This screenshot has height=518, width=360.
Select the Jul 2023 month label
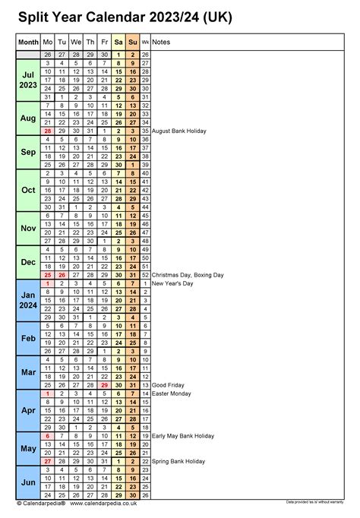(28, 80)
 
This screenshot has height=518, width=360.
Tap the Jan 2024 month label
(28, 299)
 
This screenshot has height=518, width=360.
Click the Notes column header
(161, 43)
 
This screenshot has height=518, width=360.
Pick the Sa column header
(118, 43)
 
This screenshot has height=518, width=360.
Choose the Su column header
(133, 43)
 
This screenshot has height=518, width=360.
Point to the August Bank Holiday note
(185, 131)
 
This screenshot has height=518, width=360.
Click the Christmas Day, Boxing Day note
(188, 274)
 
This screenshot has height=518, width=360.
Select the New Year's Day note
(173, 283)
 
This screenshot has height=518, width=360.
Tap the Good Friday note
(169, 385)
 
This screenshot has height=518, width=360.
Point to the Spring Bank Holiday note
(178, 461)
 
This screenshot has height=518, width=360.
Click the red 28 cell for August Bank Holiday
(48, 131)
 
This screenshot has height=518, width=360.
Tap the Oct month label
(28, 190)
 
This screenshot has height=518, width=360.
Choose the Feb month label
(28, 338)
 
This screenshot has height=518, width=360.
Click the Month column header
(28, 43)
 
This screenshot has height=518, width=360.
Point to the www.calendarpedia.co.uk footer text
(104, 503)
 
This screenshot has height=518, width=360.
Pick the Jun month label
(28, 482)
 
